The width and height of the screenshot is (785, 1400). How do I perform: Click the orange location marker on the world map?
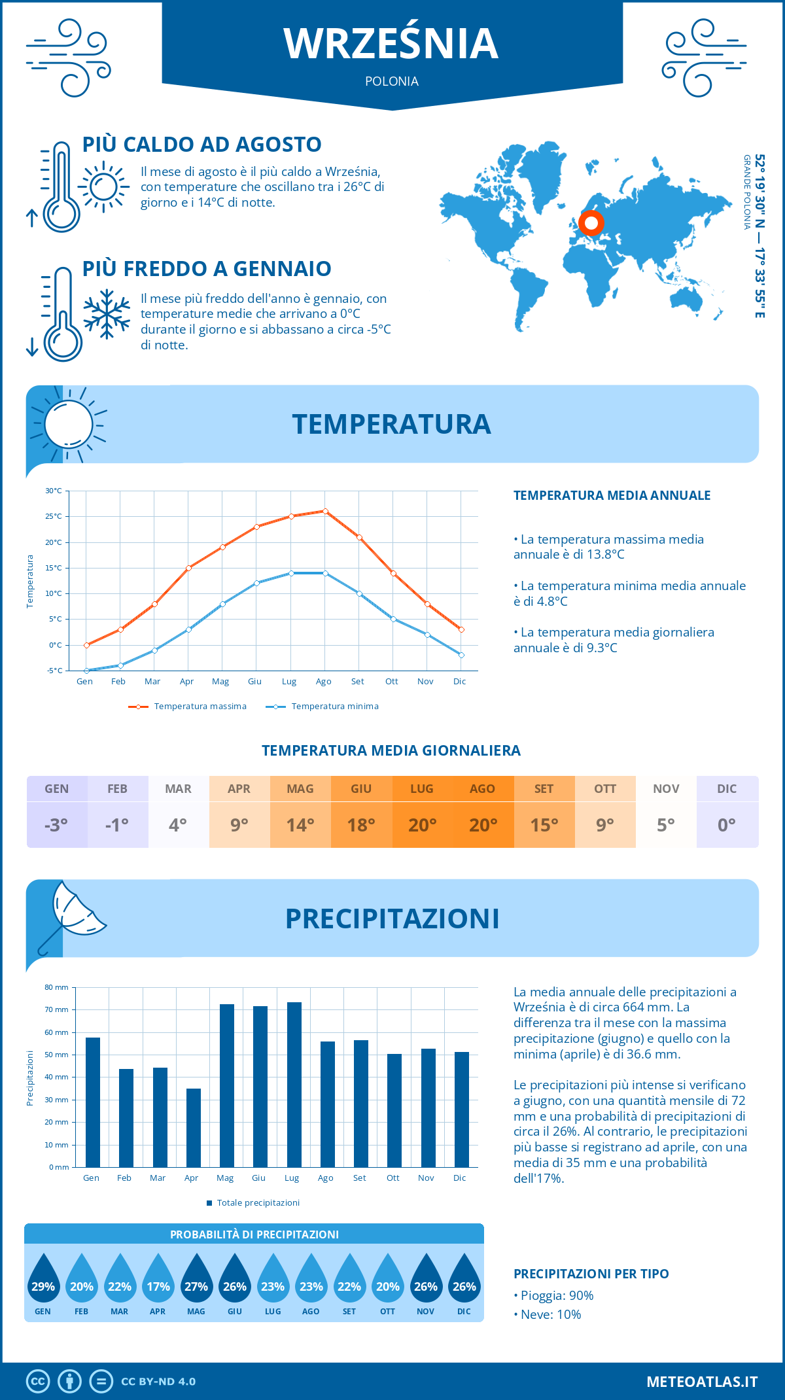[591, 223]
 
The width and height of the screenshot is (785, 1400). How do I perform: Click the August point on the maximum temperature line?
[325, 511]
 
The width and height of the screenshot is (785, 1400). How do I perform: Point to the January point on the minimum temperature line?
[86, 671]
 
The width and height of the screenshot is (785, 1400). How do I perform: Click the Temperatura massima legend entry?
[188, 707]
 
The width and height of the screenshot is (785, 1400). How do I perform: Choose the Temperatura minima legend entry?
[323, 707]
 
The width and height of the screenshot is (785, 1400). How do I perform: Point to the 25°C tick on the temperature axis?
[54, 516]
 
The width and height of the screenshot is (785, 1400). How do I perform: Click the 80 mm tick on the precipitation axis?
[56, 987]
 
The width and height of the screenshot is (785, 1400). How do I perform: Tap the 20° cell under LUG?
[422, 825]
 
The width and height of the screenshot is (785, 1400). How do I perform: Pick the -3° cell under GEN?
[56, 825]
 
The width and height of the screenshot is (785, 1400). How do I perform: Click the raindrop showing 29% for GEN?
[43, 1280]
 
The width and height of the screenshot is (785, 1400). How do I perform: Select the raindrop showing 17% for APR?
[158, 1280]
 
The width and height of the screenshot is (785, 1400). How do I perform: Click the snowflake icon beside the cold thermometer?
[107, 314]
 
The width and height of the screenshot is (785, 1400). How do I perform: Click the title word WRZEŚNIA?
[391, 43]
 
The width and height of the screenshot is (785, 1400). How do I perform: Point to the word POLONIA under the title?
[391, 81]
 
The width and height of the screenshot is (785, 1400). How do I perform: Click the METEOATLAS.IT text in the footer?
[701, 1381]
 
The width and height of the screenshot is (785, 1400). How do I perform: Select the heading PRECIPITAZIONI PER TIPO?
[591, 1274]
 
